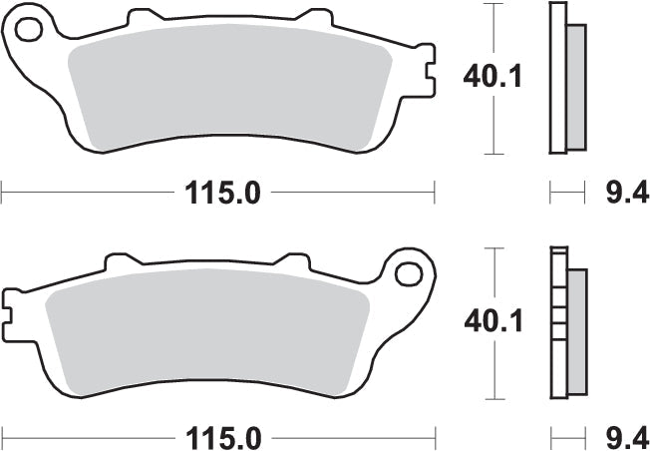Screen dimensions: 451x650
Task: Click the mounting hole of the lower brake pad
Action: tap(408, 272)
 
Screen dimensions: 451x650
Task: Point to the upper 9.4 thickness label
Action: tap(626, 192)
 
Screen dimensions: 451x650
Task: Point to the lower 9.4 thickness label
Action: tap(626, 437)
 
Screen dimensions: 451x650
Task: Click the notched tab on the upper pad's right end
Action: tap(427, 78)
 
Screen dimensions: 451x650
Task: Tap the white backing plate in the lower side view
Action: tap(556, 324)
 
